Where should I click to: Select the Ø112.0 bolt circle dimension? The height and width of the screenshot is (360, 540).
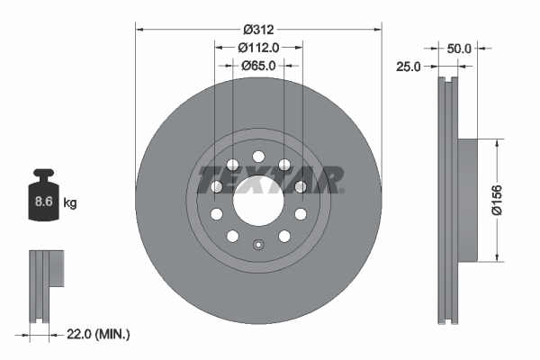(x=258, y=48)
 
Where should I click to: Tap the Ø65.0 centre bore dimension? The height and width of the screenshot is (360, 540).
(x=258, y=66)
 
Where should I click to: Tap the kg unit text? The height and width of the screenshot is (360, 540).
(x=70, y=204)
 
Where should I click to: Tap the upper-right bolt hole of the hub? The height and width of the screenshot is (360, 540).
(x=284, y=163)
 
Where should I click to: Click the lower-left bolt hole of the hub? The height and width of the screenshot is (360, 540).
(x=232, y=237)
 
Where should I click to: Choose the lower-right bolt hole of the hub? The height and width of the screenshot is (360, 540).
(x=284, y=237)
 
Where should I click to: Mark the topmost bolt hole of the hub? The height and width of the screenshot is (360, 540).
(x=258, y=153)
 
